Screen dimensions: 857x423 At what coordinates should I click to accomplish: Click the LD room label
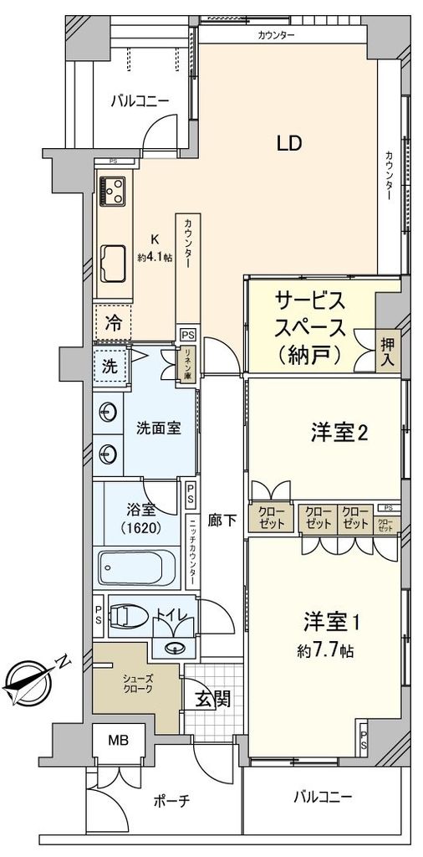coord(288,143)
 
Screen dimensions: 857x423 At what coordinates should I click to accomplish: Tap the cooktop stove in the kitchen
coord(112,191)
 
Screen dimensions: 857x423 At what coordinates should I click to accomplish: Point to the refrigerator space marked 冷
coord(111,322)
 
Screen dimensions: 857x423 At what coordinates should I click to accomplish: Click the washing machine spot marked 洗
coord(110,365)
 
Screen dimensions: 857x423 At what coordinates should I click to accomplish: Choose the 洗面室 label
coord(159,428)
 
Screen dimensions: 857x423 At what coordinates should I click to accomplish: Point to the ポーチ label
coord(173,801)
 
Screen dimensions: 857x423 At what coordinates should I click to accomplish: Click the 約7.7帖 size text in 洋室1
coord(329,649)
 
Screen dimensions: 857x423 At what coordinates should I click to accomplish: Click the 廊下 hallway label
coord(222,520)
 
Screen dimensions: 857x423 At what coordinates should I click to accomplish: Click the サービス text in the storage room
coord(310,300)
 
